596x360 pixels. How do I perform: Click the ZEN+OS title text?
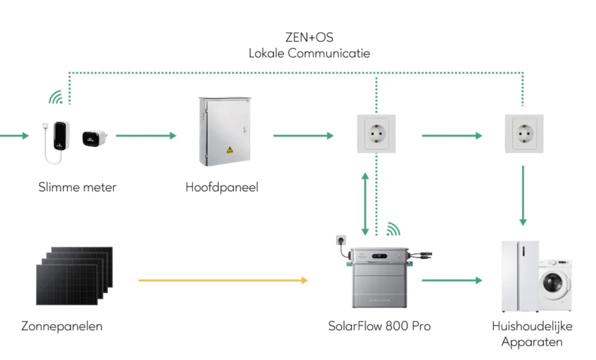309,38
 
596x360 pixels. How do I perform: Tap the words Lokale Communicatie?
309,53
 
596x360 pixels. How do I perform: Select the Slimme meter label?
77,187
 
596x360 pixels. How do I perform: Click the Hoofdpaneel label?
222,187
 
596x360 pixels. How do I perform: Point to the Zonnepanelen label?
62,326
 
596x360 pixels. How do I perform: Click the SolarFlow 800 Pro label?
379,326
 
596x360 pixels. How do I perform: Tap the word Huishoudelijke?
532,326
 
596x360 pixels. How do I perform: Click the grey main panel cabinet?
224,130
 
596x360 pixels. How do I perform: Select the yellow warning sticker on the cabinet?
230,149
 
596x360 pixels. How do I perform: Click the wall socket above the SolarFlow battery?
376,134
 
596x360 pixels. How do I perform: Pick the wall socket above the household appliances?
524,134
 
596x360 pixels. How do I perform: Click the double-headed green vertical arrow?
366,203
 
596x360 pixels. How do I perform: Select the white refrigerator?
519,277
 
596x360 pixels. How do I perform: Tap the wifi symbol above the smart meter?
56,98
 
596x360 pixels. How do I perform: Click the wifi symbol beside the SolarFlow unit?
393,228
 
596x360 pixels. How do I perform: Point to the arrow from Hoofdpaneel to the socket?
303,136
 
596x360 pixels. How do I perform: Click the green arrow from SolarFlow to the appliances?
452,281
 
